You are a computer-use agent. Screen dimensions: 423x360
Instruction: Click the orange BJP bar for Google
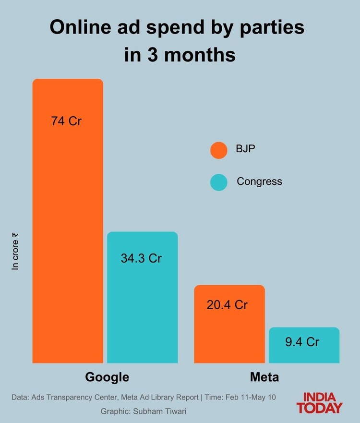point(68,221)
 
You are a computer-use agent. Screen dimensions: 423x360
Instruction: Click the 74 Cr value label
point(67,121)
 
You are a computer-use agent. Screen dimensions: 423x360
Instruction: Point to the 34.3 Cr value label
point(141,258)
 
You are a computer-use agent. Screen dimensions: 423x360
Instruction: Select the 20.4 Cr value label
point(227,304)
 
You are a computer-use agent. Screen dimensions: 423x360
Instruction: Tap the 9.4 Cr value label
point(302,342)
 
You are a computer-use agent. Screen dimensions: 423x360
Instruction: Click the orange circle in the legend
point(218,150)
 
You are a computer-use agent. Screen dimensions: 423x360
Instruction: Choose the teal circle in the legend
point(218,182)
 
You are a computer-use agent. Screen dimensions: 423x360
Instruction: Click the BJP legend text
point(245,149)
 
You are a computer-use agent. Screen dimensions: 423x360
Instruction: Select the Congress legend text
point(259,181)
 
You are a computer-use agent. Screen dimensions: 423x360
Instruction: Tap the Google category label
point(107,377)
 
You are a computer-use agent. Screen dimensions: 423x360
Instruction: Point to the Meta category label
point(264,377)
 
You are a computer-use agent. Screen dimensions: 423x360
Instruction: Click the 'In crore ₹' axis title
point(15,252)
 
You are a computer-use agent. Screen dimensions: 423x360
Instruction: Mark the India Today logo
point(319,403)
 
